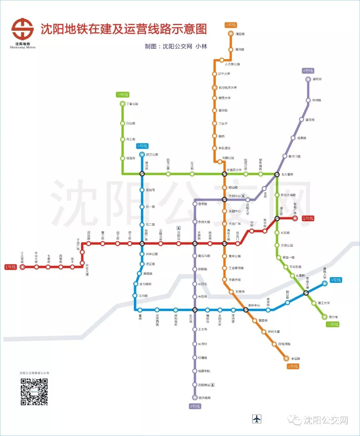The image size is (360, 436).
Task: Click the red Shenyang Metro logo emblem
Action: (x=23, y=29)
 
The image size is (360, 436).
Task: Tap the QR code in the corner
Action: (x=34, y=392)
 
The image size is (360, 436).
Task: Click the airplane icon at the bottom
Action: (x=257, y=419)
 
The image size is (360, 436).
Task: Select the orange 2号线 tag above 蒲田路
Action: (x=231, y=25)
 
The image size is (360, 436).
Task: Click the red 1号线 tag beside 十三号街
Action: (x=10, y=267)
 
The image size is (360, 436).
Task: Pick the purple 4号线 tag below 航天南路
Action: (x=195, y=406)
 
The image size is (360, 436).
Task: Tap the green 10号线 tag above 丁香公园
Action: (x=122, y=95)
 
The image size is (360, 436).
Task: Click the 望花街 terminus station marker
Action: (x=308, y=79)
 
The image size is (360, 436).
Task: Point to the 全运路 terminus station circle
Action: (x=286, y=359)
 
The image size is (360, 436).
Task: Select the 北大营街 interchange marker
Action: (x=277, y=174)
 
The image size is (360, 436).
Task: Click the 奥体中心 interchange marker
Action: (x=246, y=310)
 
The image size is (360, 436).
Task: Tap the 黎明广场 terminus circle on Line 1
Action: (x=295, y=219)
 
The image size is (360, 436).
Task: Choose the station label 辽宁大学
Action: (x=224, y=74)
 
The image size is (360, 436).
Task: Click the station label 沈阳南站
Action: (x=204, y=385)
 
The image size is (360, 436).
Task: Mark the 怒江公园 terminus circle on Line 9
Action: (x=142, y=154)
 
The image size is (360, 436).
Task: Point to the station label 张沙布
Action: (x=333, y=317)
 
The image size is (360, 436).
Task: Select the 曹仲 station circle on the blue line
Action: (x=140, y=310)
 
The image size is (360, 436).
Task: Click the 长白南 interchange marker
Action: (x=195, y=310)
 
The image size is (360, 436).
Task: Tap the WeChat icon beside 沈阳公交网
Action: (x=295, y=420)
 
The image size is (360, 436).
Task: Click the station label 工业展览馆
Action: (x=236, y=268)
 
